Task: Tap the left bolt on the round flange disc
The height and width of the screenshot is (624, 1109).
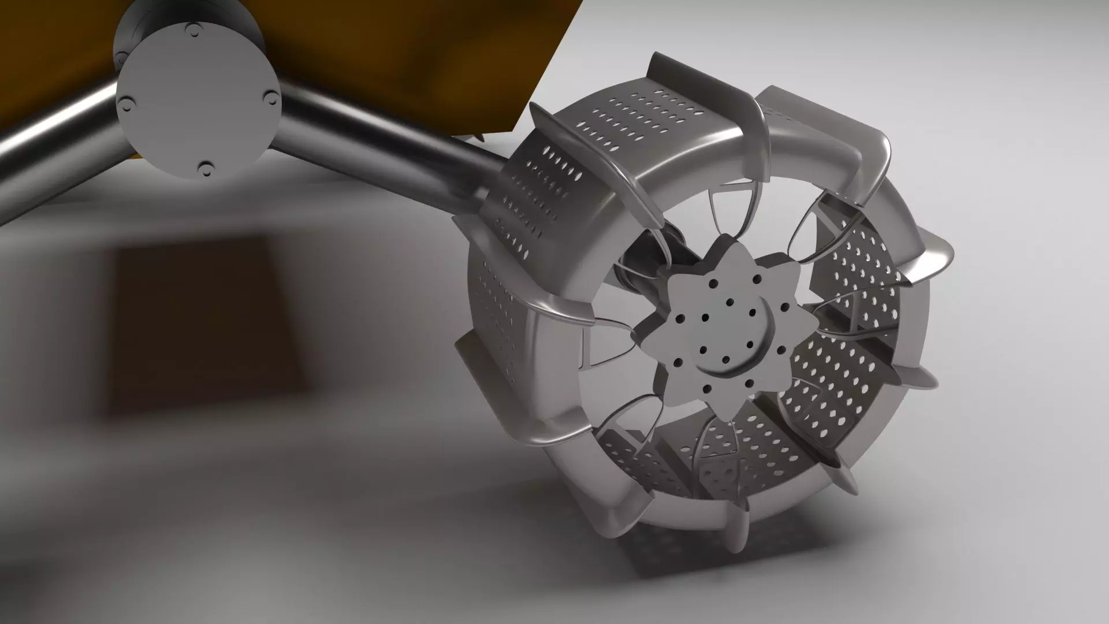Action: click(x=125, y=104)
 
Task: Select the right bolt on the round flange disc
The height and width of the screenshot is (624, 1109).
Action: click(x=270, y=96)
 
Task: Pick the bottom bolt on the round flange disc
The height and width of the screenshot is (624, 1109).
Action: click(x=204, y=169)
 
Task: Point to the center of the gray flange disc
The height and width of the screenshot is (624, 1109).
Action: click(x=197, y=98)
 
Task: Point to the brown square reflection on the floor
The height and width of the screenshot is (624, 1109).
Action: click(x=202, y=324)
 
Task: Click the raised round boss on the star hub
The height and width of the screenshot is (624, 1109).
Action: click(x=734, y=335)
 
